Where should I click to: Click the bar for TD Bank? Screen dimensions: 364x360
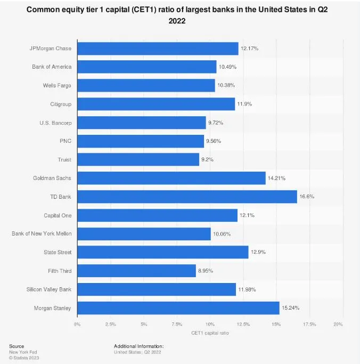(187, 197)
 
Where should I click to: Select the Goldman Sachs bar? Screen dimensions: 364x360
(171, 178)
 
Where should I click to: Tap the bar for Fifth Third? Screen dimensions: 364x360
(136, 271)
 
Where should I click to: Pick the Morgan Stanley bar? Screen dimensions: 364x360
(178, 308)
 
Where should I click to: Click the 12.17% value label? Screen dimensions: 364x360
(250, 48)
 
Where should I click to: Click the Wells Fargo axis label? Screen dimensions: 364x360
(57, 85)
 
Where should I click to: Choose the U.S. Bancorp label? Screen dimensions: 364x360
(55, 123)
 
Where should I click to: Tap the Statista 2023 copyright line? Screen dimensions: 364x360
(24, 358)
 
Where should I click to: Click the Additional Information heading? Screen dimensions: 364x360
(138, 346)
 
